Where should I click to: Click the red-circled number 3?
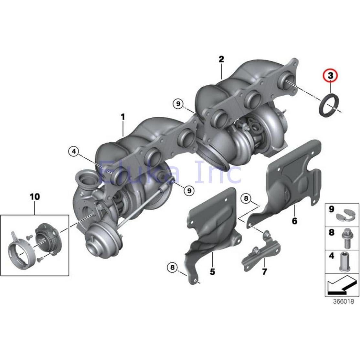(331, 76)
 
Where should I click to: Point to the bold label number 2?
(221, 59)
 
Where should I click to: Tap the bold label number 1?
(123, 117)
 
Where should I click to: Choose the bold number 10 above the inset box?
(35, 196)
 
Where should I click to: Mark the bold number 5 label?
(212, 271)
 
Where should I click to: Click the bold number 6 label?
(294, 221)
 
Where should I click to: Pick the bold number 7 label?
(264, 272)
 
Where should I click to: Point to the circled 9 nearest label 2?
(177, 104)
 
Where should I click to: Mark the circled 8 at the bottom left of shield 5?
(172, 267)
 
